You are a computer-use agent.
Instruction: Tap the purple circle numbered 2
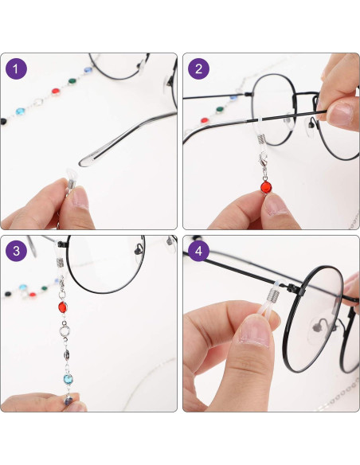point(199,69)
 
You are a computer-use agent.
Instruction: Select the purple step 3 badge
point(17,252)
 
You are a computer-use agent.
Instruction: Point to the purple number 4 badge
point(199,252)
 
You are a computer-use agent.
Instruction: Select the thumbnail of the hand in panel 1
point(80,196)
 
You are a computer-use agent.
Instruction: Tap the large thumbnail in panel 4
point(254,334)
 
